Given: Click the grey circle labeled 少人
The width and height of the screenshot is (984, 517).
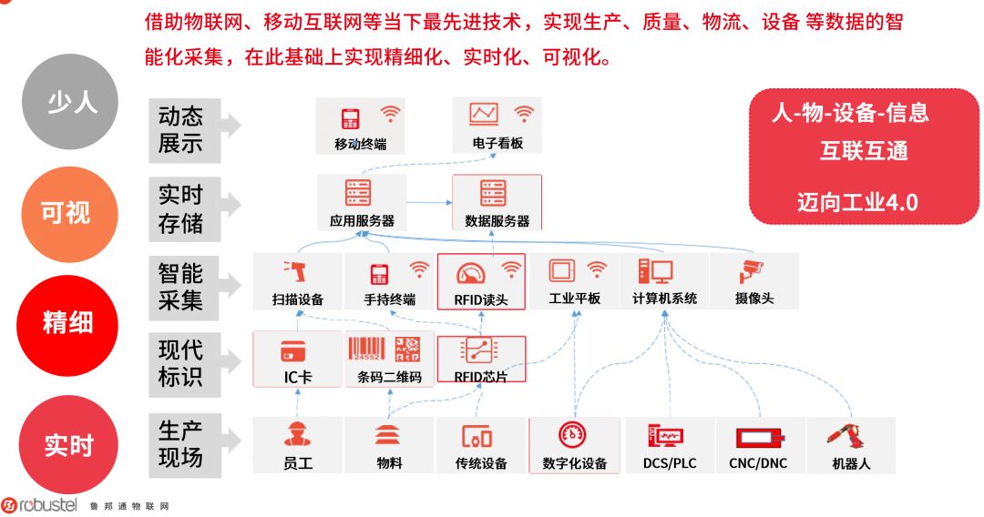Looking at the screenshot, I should [x=70, y=101].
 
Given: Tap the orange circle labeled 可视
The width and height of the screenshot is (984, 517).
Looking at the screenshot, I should [x=66, y=213].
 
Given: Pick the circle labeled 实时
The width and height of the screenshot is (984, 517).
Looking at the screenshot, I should [x=69, y=445].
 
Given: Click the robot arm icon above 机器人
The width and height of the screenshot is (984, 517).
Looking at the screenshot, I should [x=849, y=434].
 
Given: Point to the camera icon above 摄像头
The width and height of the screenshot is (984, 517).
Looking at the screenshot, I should [x=753, y=270].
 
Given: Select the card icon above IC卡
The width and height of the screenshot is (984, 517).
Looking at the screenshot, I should [x=292, y=350].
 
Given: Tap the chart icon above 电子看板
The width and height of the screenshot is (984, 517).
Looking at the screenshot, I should [x=484, y=114].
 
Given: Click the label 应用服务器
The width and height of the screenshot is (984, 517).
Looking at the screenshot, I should [x=362, y=221].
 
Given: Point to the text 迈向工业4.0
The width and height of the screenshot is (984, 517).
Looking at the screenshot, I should [x=856, y=202].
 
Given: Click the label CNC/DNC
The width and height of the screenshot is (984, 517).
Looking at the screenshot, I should [x=758, y=463].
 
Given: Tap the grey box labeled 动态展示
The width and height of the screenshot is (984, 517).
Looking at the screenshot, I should [x=183, y=129].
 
